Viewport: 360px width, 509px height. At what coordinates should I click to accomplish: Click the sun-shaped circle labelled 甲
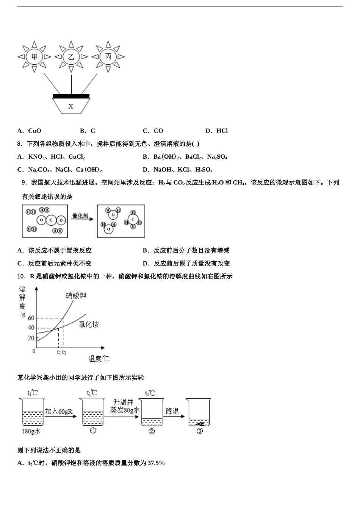pos(34,57)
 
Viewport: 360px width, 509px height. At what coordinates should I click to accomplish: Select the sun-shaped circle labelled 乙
pos(71,57)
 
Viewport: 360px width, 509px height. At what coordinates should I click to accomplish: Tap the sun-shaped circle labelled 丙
pos(108,57)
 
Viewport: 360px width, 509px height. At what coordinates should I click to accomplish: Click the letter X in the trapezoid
pos(71,106)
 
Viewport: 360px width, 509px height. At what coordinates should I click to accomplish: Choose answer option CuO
pos(34,131)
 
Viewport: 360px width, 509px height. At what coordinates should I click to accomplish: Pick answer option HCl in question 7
pos(222,131)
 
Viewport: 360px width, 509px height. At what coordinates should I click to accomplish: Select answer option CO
pos(158,131)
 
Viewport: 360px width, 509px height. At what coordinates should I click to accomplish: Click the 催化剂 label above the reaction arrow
pos(80,215)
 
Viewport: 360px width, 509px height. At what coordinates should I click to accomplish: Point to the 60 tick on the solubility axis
pos(31,318)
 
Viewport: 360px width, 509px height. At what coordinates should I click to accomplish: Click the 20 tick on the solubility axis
pos(31,338)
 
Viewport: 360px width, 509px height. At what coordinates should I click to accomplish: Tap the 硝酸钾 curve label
pos(76,295)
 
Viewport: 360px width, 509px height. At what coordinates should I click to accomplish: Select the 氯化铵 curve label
pos(89,324)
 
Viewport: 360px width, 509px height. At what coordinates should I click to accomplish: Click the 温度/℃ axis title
pos(99,359)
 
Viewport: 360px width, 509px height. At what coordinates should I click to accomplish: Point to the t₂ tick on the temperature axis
pos(64,353)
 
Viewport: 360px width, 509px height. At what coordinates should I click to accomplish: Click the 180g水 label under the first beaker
pos(31,431)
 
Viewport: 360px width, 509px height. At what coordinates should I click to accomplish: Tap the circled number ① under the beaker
pos(93,431)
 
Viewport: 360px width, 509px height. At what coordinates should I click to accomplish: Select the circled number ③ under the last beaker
pos(200,431)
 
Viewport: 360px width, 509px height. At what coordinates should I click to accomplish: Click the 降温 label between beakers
pos(172,411)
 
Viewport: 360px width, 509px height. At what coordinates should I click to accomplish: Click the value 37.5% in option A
pos(156,463)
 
